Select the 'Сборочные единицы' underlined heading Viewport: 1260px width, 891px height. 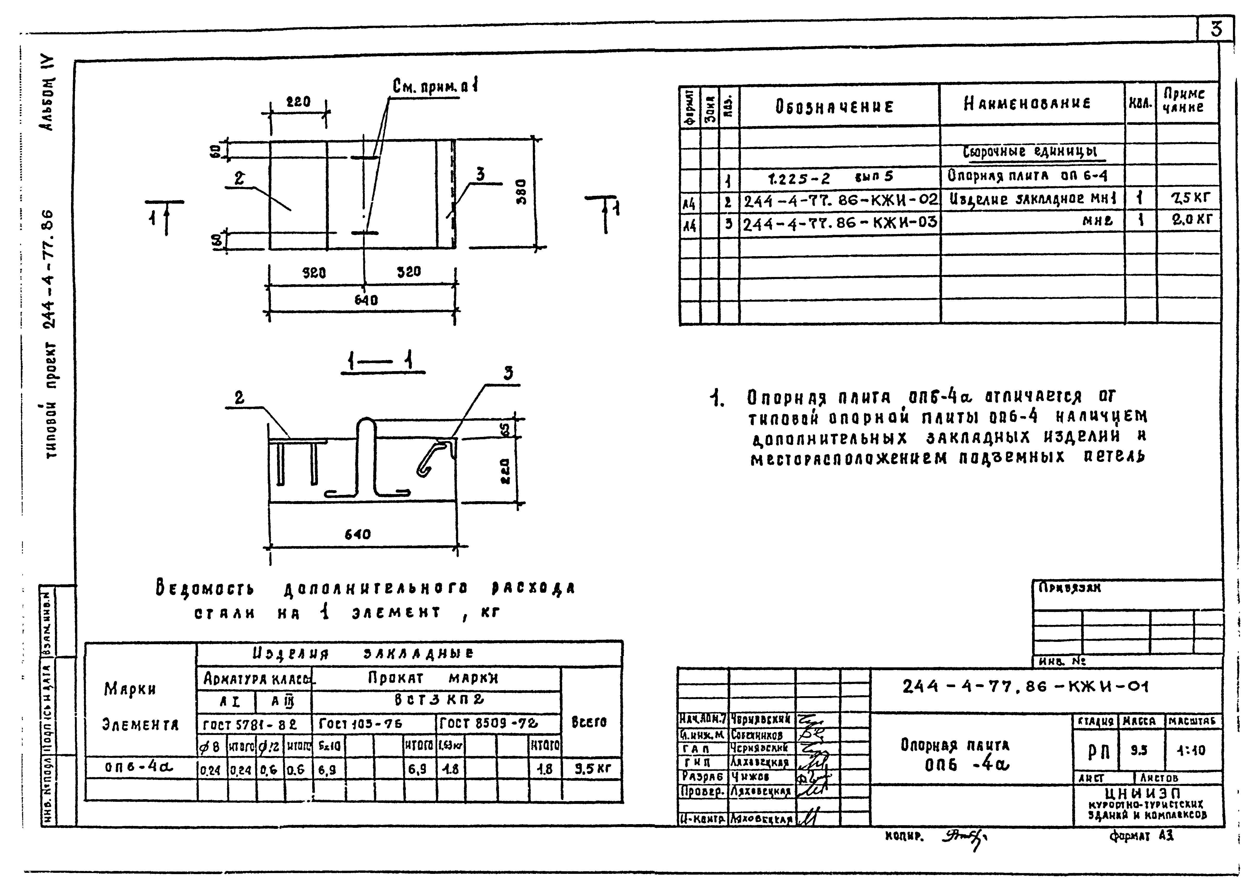coord(1031,152)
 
